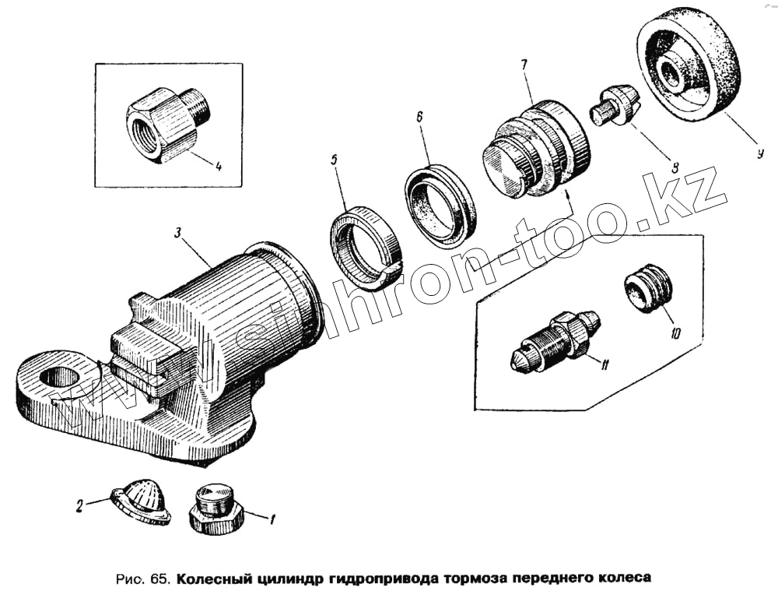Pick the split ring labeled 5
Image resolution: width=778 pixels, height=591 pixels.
366,248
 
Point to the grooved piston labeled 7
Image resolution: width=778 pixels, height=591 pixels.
536,149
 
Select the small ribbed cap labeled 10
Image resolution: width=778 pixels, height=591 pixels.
647,287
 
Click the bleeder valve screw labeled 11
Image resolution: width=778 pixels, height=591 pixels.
555,339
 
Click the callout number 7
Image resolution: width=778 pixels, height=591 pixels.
524,64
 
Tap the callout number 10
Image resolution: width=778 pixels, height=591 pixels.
675,333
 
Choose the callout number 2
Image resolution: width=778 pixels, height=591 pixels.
79,507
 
